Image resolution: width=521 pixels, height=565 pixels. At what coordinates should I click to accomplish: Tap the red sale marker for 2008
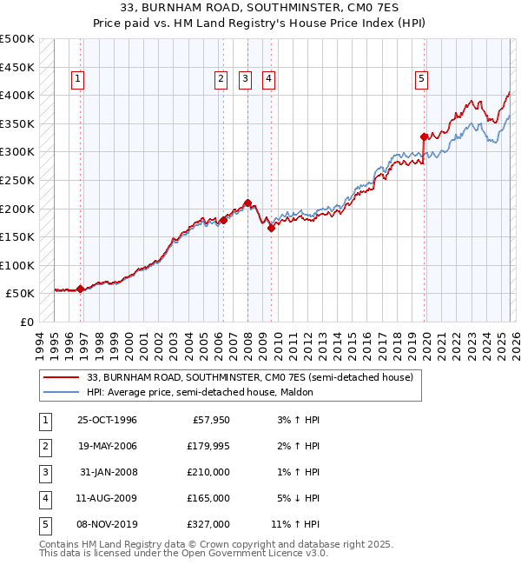pos(247,203)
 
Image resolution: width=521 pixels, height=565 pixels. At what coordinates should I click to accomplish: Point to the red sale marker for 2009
pos(271,229)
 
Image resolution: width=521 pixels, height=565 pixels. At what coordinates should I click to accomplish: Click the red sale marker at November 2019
pos(425,136)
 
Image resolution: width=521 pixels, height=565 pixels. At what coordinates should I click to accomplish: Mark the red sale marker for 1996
pos(81,289)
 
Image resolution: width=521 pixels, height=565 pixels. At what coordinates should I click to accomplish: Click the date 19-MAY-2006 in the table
pos(107,446)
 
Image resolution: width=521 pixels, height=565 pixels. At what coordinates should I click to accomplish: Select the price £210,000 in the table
pos(208,472)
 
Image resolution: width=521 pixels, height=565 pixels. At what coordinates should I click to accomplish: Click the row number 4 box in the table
pos(43,498)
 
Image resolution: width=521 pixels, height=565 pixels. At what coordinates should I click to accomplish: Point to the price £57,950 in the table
pos(210,420)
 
